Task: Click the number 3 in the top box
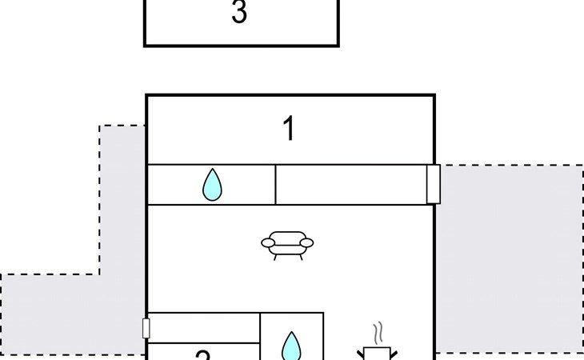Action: click(x=238, y=14)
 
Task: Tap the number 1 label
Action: click(x=289, y=129)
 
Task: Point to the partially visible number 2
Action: click(x=202, y=354)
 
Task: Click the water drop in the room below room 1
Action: click(x=212, y=185)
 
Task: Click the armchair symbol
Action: click(x=287, y=244)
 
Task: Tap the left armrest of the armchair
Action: click(x=267, y=242)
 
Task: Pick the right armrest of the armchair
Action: click(x=307, y=242)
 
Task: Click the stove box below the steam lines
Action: click(x=375, y=354)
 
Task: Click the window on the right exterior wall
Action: click(x=434, y=184)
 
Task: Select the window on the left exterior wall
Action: click(x=146, y=328)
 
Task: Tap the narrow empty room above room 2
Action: click(x=204, y=328)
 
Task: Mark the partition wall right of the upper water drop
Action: click(x=275, y=185)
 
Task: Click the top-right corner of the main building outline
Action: click(x=434, y=95)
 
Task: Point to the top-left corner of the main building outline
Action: click(x=146, y=95)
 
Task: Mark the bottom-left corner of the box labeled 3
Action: click(x=145, y=46)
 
